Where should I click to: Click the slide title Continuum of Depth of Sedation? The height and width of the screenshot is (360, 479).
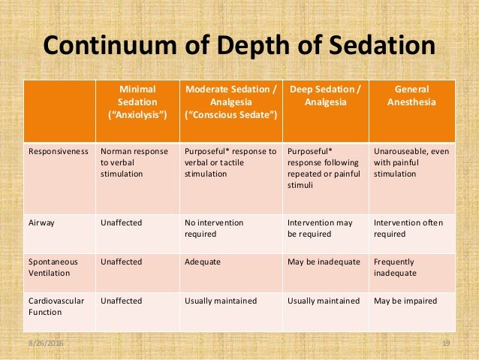239,45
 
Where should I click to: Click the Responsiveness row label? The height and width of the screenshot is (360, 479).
58,151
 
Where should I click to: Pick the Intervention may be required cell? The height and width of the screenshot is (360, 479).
320,228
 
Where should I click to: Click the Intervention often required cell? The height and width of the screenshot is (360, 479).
408,228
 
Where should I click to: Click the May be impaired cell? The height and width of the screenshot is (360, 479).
405,301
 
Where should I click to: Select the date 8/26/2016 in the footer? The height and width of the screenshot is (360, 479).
46,343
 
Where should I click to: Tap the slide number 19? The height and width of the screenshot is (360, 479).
446,343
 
